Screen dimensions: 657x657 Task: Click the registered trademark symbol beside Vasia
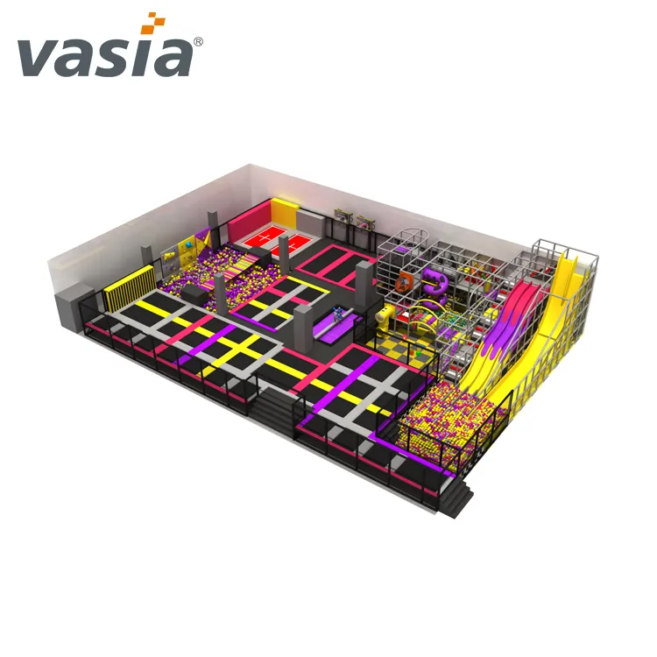[x=198, y=41]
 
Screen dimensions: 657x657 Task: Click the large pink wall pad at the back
[x=249, y=220]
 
